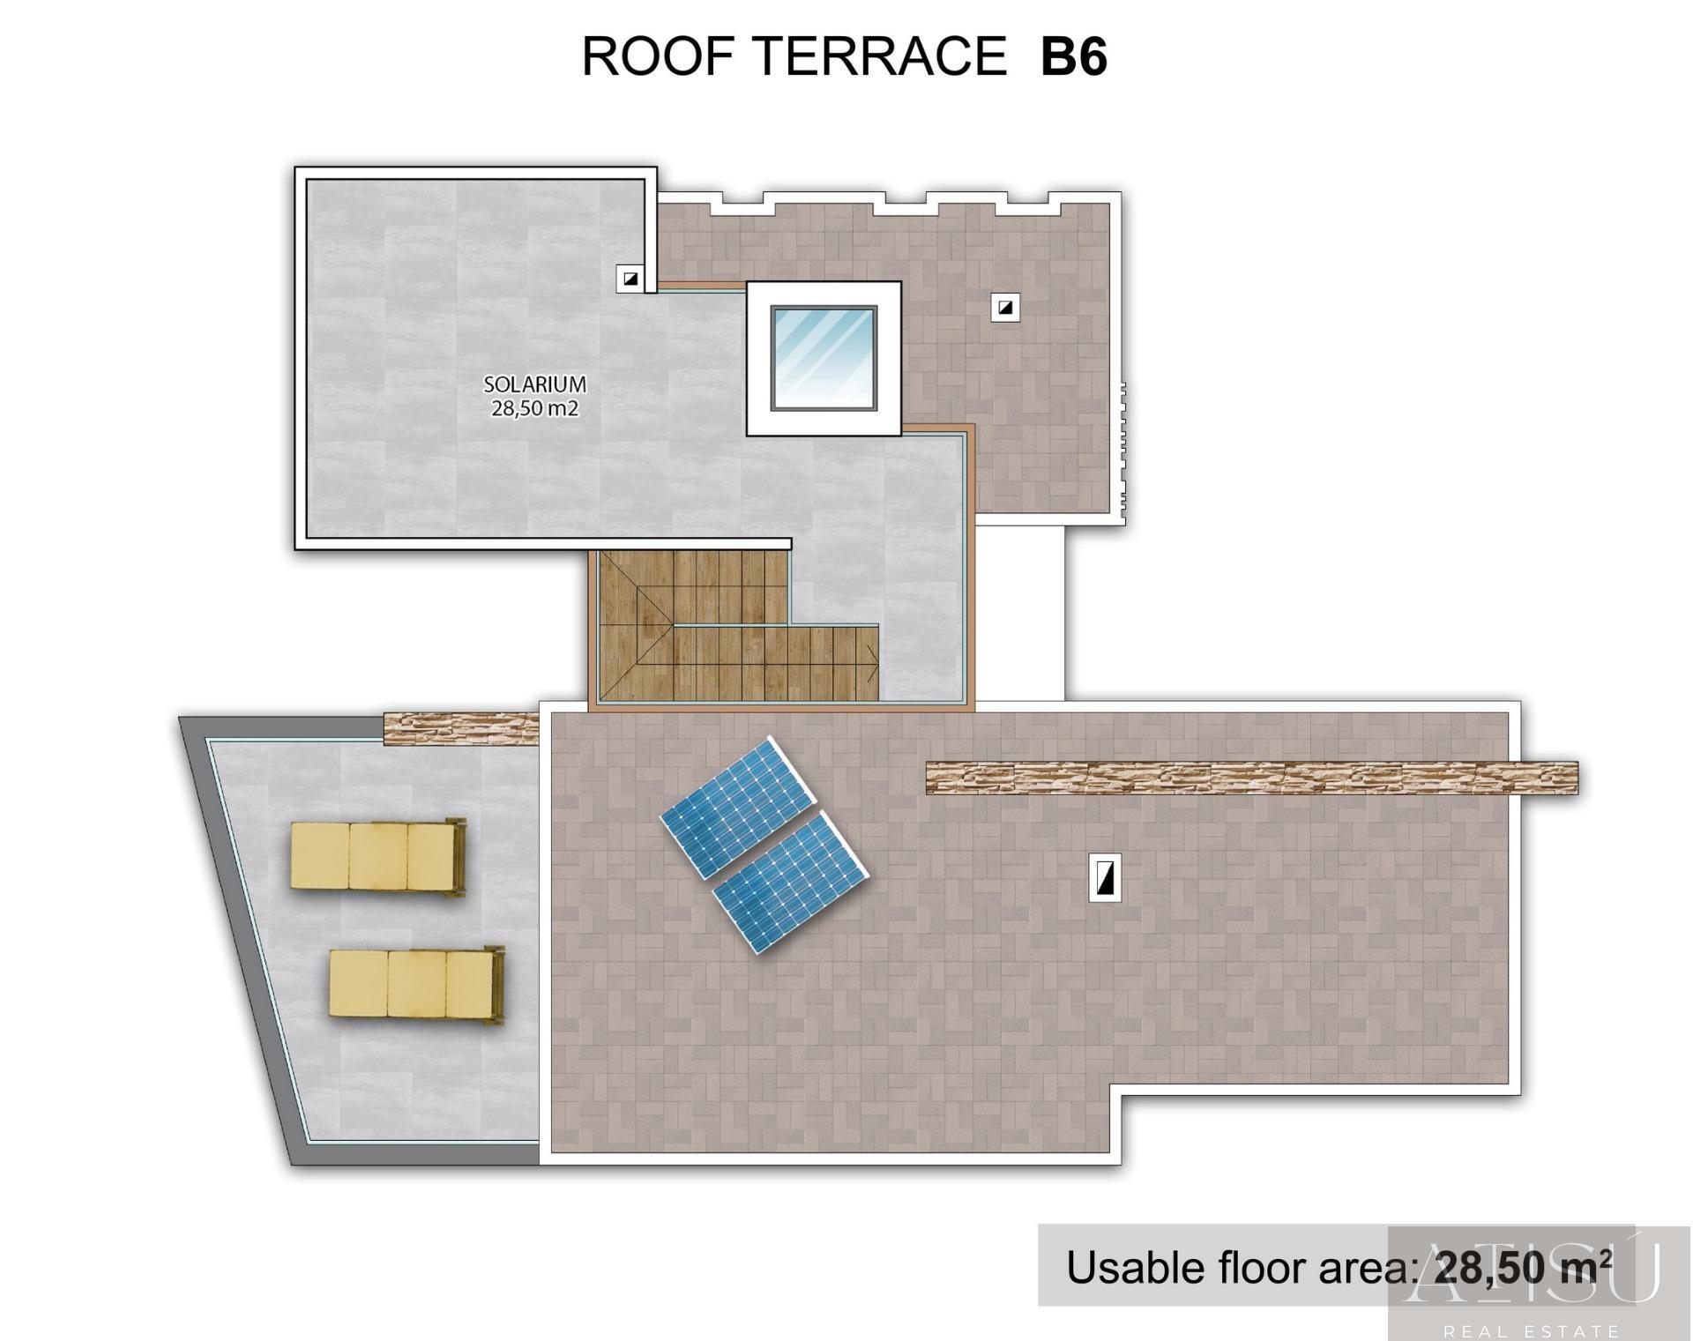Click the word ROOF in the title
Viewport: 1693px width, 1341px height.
(x=658, y=57)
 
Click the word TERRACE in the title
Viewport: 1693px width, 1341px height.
(x=880, y=57)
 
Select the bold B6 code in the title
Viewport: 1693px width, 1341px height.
(x=1073, y=57)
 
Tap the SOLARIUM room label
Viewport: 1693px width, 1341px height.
(x=534, y=384)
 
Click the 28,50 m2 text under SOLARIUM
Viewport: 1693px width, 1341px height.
(x=534, y=408)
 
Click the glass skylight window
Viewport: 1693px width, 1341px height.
(x=824, y=358)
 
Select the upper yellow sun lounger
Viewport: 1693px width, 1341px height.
(x=377, y=856)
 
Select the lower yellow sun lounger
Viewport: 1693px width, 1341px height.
(x=416, y=984)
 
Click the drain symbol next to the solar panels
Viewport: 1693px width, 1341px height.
(x=1105, y=877)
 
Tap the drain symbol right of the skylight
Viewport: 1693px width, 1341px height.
(x=1005, y=308)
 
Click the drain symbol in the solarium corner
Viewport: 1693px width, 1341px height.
(x=630, y=279)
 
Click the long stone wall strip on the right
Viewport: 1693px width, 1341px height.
(x=1251, y=778)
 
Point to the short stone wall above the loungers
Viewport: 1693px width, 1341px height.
(x=461, y=729)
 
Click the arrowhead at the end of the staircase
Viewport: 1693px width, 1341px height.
(x=872, y=664)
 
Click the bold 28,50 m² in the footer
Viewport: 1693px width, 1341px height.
(x=1523, y=1267)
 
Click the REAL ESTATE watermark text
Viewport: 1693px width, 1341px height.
(x=1531, y=1330)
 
